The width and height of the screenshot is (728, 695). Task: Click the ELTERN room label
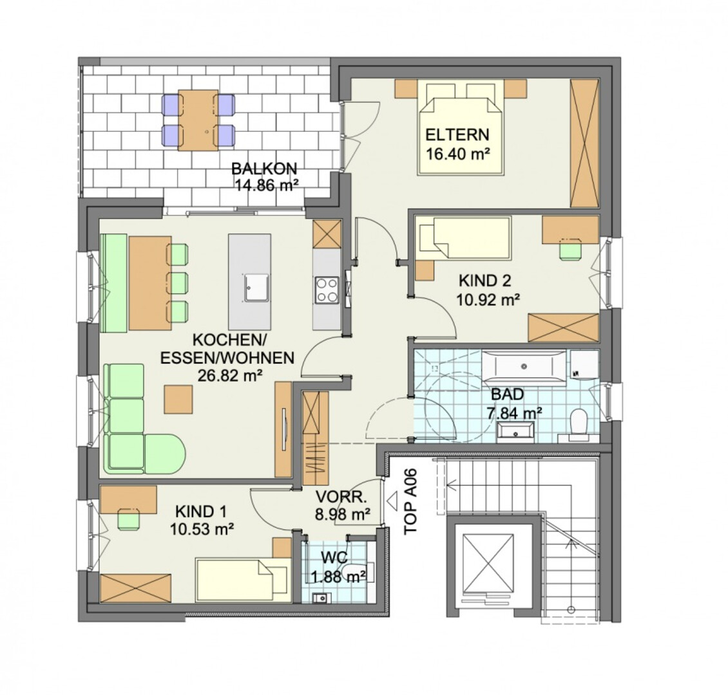click(x=457, y=134)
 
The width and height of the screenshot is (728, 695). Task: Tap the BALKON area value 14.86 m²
click(x=266, y=185)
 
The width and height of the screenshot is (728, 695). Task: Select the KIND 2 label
click(x=484, y=281)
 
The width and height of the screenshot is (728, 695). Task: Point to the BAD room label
click(x=508, y=394)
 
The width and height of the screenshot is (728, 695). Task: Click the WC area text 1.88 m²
click(x=338, y=577)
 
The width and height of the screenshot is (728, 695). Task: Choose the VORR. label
click(x=341, y=497)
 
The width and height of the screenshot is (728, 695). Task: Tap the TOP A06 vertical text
click(x=411, y=502)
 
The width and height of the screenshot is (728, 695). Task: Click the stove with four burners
click(x=327, y=290)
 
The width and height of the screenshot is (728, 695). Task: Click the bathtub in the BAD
click(x=524, y=366)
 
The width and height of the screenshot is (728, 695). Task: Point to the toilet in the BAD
click(x=579, y=422)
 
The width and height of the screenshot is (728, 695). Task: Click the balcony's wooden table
click(x=198, y=120)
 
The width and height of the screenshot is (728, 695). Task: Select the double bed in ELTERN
click(x=461, y=127)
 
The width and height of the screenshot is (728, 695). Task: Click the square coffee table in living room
click(x=178, y=399)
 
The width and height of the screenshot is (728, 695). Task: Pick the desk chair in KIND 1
click(x=129, y=519)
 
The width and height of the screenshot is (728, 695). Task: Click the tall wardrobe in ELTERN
click(x=584, y=144)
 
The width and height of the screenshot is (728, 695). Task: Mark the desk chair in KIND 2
click(x=571, y=250)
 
